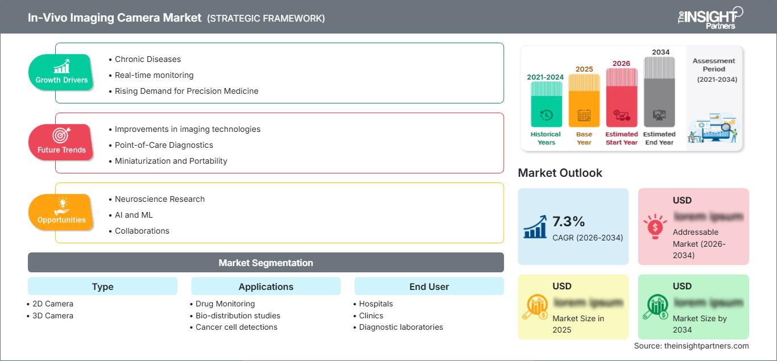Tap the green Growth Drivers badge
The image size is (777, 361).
61,72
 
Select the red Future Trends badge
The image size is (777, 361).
61,142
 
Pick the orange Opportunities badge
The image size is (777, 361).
61,212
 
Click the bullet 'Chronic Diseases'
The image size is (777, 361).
147,59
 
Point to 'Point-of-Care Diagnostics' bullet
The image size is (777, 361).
164,145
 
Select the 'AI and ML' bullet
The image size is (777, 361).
134,215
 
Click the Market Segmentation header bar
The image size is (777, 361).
266,263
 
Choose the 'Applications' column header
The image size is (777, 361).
266,287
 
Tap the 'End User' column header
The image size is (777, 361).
429,287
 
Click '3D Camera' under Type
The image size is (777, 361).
53,316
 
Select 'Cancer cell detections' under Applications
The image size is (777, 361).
236,327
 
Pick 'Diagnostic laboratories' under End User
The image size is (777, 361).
400,327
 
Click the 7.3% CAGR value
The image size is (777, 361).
568,222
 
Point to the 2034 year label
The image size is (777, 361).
660,52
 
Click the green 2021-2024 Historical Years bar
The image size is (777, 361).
546,104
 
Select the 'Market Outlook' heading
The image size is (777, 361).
560,173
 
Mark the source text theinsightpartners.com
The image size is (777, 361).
691,346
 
